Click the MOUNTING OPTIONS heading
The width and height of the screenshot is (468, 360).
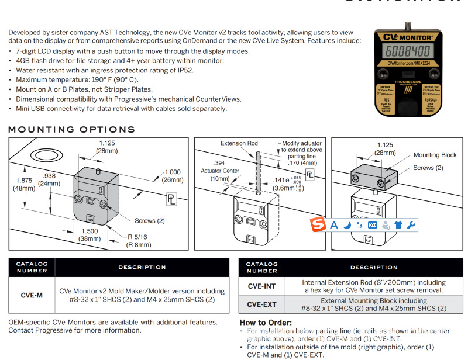coord(71,129)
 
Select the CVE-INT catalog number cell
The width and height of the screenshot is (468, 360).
coord(262,286)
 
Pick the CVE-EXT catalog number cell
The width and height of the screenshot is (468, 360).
coord(262,304)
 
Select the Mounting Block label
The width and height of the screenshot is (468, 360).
coord(435,155)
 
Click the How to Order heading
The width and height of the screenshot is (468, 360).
coord(266,323)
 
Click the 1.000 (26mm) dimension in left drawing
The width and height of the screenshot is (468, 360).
coord(173,175)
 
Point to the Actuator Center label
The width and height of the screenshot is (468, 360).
coord(220,171)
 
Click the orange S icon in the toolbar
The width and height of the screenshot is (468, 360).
coord(318,225)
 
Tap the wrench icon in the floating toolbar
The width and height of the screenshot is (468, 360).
coord(411,225)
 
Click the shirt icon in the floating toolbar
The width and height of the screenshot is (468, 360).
coord(398,225)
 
